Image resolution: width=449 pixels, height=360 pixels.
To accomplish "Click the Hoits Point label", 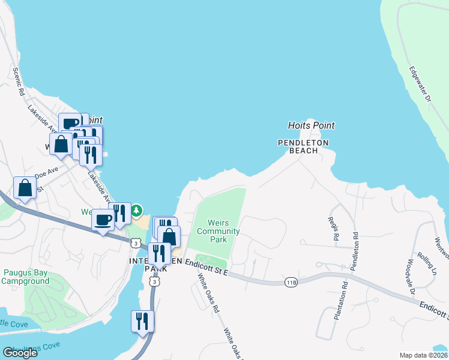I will [311, 125].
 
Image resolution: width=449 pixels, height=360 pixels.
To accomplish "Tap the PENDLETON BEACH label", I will [303, 146].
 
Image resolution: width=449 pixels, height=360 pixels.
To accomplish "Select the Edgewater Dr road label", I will [420, 84].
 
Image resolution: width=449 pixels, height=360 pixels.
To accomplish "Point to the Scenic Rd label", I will [18, 82].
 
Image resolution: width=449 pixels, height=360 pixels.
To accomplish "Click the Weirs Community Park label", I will [218, 231].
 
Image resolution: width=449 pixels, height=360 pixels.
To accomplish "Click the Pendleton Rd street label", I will [355, 245].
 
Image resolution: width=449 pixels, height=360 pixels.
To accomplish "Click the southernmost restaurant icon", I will [142, 321].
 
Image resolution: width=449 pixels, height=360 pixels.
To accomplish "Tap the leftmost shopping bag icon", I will [25, 188].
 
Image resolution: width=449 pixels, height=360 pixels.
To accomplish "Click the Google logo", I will [20, 352].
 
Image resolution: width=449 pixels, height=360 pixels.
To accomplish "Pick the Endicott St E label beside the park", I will [206, 268].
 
